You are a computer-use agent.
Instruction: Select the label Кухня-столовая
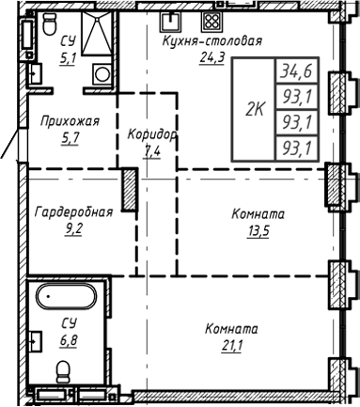[x=211, y=41]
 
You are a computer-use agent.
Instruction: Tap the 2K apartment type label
[x=253, y=108]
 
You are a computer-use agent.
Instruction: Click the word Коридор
[x=152, y=134]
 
